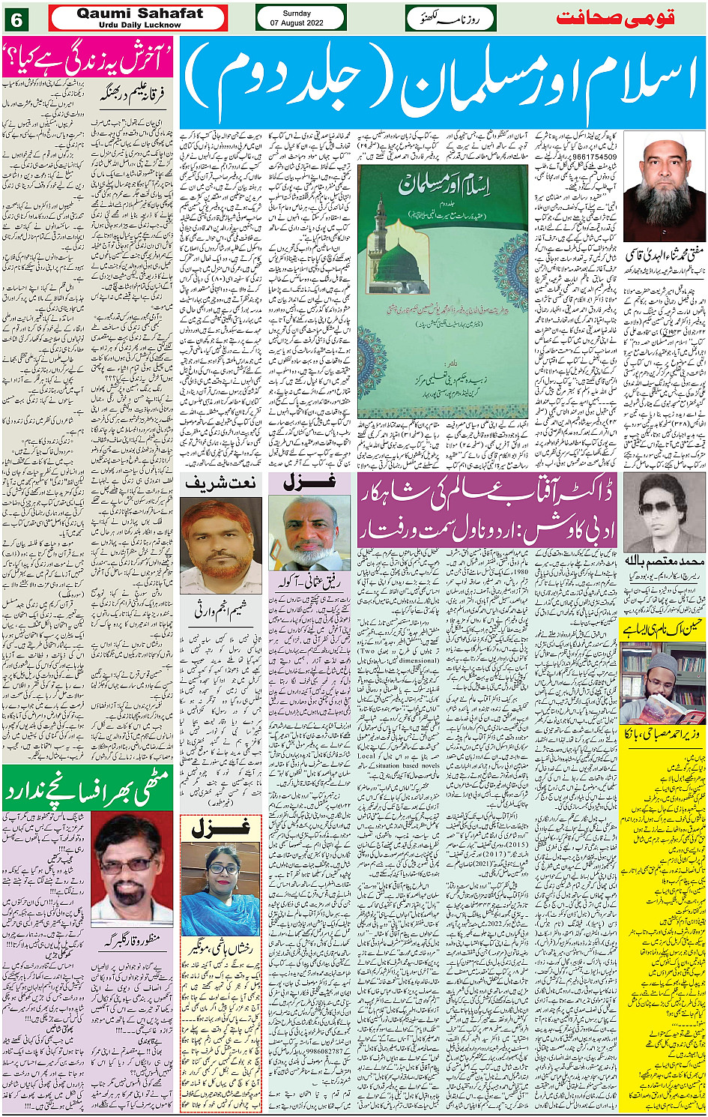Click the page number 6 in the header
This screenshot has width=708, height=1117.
click(x=16, y=18)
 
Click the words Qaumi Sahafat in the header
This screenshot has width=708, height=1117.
click(x=139, y=13)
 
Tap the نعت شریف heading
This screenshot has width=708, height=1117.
click(x=220, y=484)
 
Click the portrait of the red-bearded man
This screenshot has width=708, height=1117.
click(x=220, y=546)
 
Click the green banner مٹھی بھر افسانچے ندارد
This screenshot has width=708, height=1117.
click(x=88, y=789)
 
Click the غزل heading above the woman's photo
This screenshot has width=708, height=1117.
click(x=220, y=829)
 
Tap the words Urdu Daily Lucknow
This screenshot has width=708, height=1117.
click(x=139, y=25)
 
